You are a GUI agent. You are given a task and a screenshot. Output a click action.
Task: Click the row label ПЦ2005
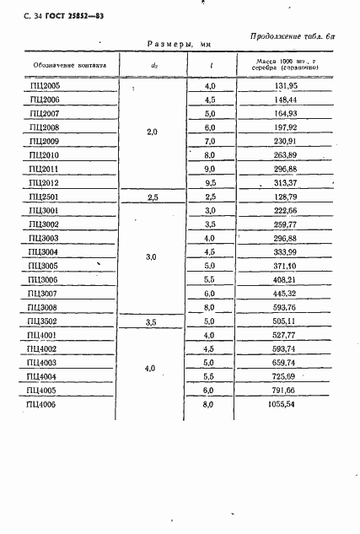(x=44, y=85)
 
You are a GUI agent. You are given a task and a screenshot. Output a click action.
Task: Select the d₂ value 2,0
(x=153, y=132)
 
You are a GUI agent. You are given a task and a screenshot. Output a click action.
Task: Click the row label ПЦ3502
(x=44, y=321)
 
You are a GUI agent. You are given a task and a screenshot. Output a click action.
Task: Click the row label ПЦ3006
(x=44, y=279)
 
